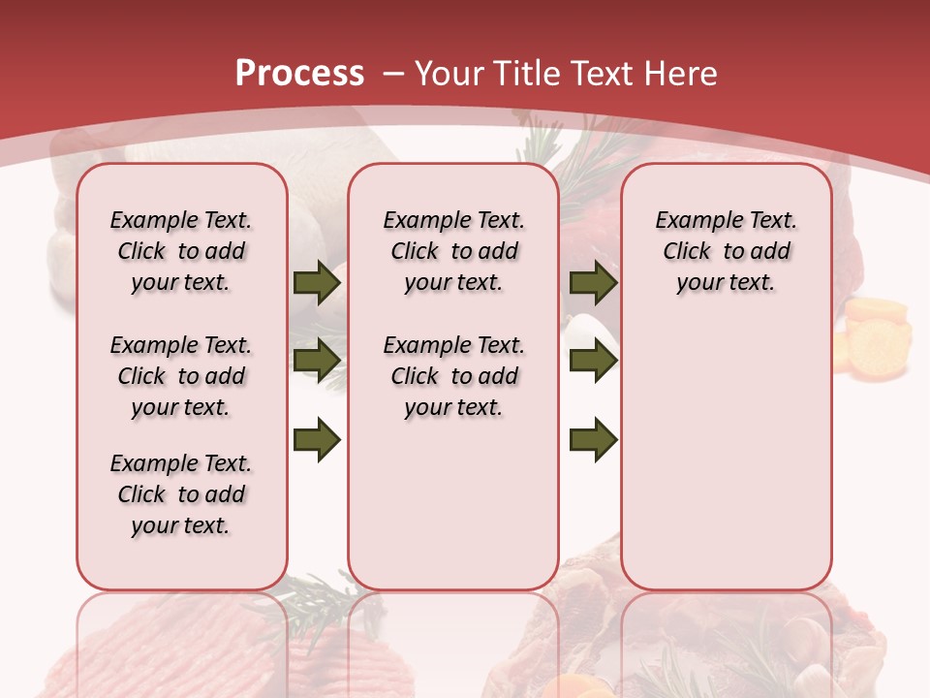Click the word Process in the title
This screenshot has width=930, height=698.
tap(299, 74)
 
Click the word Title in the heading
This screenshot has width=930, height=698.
tap(523, 74)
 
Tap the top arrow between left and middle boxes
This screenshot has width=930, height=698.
tap(317, 283)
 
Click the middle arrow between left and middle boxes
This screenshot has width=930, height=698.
tap(317, 362)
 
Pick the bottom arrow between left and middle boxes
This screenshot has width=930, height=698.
tap(317, 440)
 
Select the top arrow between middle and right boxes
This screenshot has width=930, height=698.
tap(593, 283)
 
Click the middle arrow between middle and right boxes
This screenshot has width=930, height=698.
tap(593, 362)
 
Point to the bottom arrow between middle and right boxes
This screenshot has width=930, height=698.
tap(593, 440)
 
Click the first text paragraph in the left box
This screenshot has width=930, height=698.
tap(181, 251)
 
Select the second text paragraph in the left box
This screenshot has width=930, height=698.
tap(181, 376)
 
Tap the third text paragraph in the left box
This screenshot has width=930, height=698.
tap(181, 494)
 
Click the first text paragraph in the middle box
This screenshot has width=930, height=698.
tap(453, 251)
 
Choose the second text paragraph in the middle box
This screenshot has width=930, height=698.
tap(453, 376)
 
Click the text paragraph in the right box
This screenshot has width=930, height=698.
tap(727, 251)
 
